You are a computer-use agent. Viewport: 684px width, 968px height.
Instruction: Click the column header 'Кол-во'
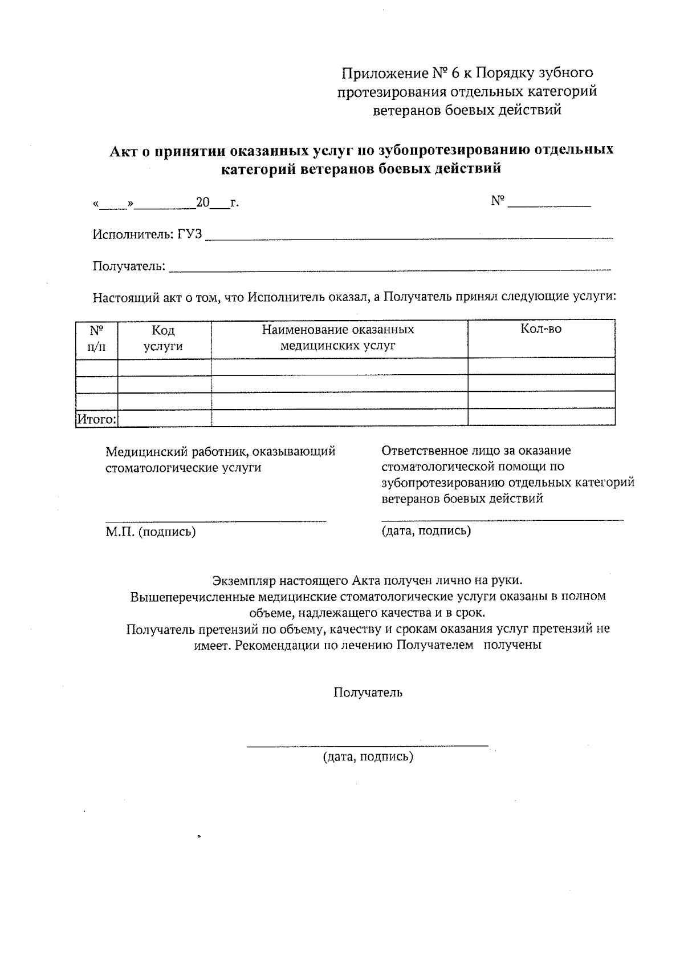pos(540,330)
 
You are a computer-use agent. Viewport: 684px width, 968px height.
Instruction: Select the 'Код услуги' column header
pos(163,338)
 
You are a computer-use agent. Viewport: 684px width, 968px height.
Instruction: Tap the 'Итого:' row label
pos(96,419)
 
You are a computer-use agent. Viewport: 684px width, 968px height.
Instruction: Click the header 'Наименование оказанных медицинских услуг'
pos(338,338)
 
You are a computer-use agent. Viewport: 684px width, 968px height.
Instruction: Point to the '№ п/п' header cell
pos(96,338)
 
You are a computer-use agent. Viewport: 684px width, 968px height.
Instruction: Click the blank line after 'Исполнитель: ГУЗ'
pos(408,236)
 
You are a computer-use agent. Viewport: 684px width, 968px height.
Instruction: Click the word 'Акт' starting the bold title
pos(123,151)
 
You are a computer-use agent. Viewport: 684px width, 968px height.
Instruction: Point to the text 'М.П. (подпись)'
pos(150,532)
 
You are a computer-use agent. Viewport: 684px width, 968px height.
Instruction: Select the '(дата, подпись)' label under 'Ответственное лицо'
pos(426,531)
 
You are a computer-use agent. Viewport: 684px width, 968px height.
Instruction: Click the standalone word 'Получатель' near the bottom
pos(368,692)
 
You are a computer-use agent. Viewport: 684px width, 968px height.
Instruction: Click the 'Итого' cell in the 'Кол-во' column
pos(540,418)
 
